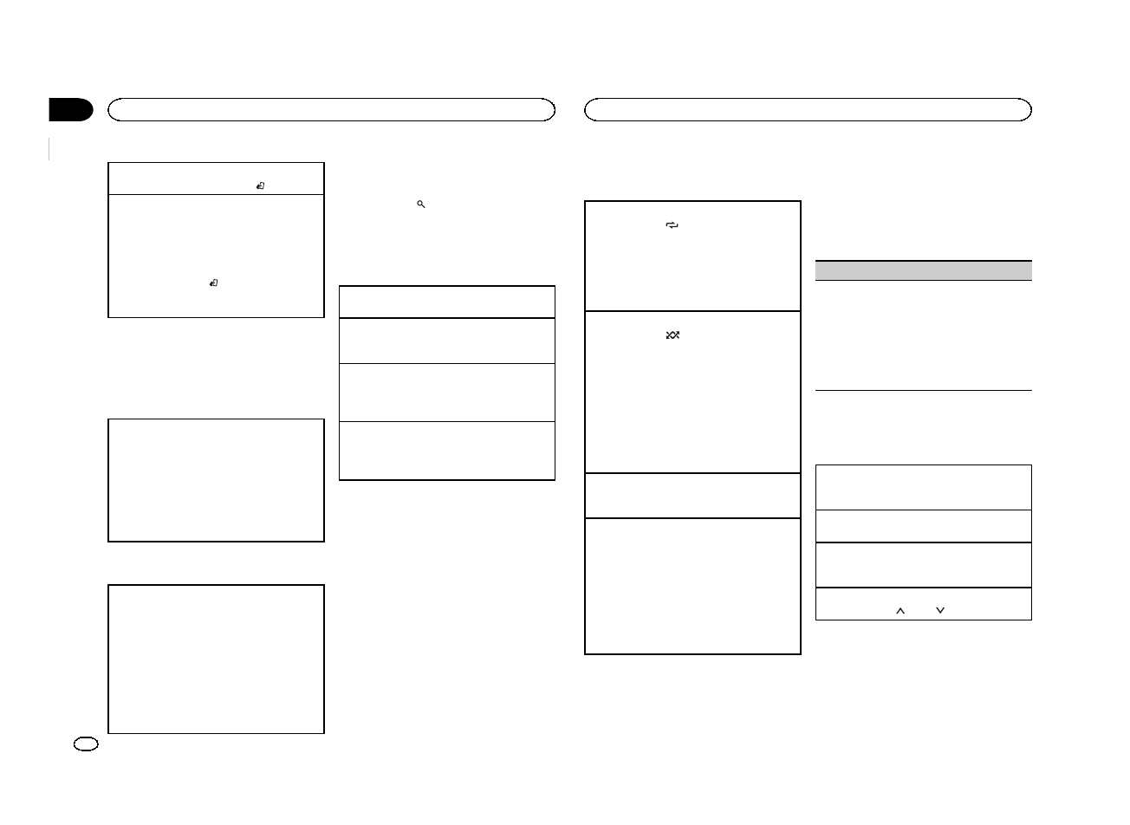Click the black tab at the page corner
(71, 110)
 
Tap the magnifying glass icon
(420, 204)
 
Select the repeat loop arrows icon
(672, 225)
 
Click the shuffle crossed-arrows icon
(672, 335)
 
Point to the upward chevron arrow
(899, 611)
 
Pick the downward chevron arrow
(940, 611)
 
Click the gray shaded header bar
(924, 270)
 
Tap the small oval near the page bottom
(87, 744)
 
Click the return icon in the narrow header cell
(260, 185)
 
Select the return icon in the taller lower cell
(214, 283)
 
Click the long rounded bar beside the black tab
(331, 109)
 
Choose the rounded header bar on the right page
(808, 109)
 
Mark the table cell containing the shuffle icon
(692, 392)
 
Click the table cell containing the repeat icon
(692, 257)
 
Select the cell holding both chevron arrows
(924, 604)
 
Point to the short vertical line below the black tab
(50, 148)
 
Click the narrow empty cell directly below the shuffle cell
(692, 496)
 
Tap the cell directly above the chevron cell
(924, 565)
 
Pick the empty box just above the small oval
(216, 659)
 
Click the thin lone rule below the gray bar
(924, 390)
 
